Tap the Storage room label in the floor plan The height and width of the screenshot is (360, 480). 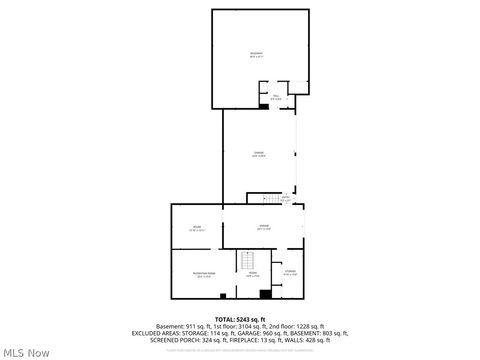point(290,273)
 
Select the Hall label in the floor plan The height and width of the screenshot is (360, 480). point(277,97)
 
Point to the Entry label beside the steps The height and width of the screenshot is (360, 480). point(285,198)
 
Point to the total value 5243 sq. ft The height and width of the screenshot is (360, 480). point(254,318)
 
